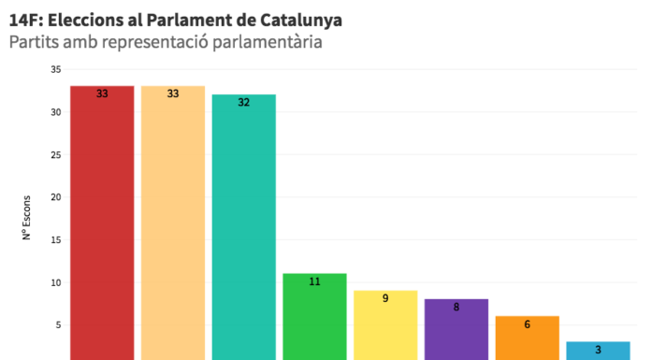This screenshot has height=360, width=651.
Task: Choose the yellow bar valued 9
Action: [x=385, y=324]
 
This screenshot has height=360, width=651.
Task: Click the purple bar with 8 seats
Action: [x=456, y=329]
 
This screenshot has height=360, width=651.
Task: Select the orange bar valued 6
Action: [x=528, y=338]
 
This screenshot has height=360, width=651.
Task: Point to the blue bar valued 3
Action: [x=598, y=351]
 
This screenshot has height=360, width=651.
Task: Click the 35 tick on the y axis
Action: [x=56, y=69]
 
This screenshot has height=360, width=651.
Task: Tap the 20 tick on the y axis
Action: [x=56, y=197]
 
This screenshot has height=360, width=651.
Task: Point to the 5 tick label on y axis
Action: [x=59, y=325]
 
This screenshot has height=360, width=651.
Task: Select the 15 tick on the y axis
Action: [x=56, y=240]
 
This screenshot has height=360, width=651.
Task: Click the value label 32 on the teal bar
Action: [x=244, y=102]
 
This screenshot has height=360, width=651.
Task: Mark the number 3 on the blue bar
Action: [x=598, y=350]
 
